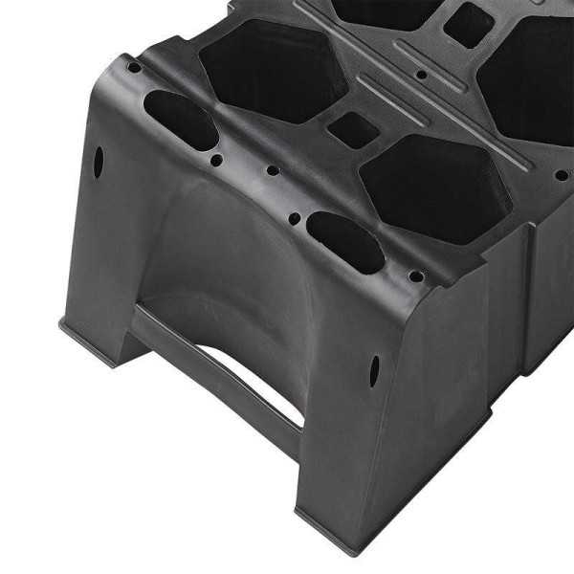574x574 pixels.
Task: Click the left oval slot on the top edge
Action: (x=181, y=120)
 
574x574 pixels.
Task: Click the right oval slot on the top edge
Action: (x=345, y=242)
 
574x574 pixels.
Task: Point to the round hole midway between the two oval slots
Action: (x=273, y=171)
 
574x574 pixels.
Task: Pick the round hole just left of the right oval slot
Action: (x=294, y=219)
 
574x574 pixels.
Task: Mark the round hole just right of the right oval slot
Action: (x=416, y=276)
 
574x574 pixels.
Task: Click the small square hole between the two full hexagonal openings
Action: (x=351, y=130)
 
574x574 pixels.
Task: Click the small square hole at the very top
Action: (x=468, y=23)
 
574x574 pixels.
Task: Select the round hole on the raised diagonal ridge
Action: (x=422, y=73)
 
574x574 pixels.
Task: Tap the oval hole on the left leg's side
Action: (x=98, y=161)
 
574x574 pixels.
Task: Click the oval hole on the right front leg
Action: (x=374, y=371)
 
